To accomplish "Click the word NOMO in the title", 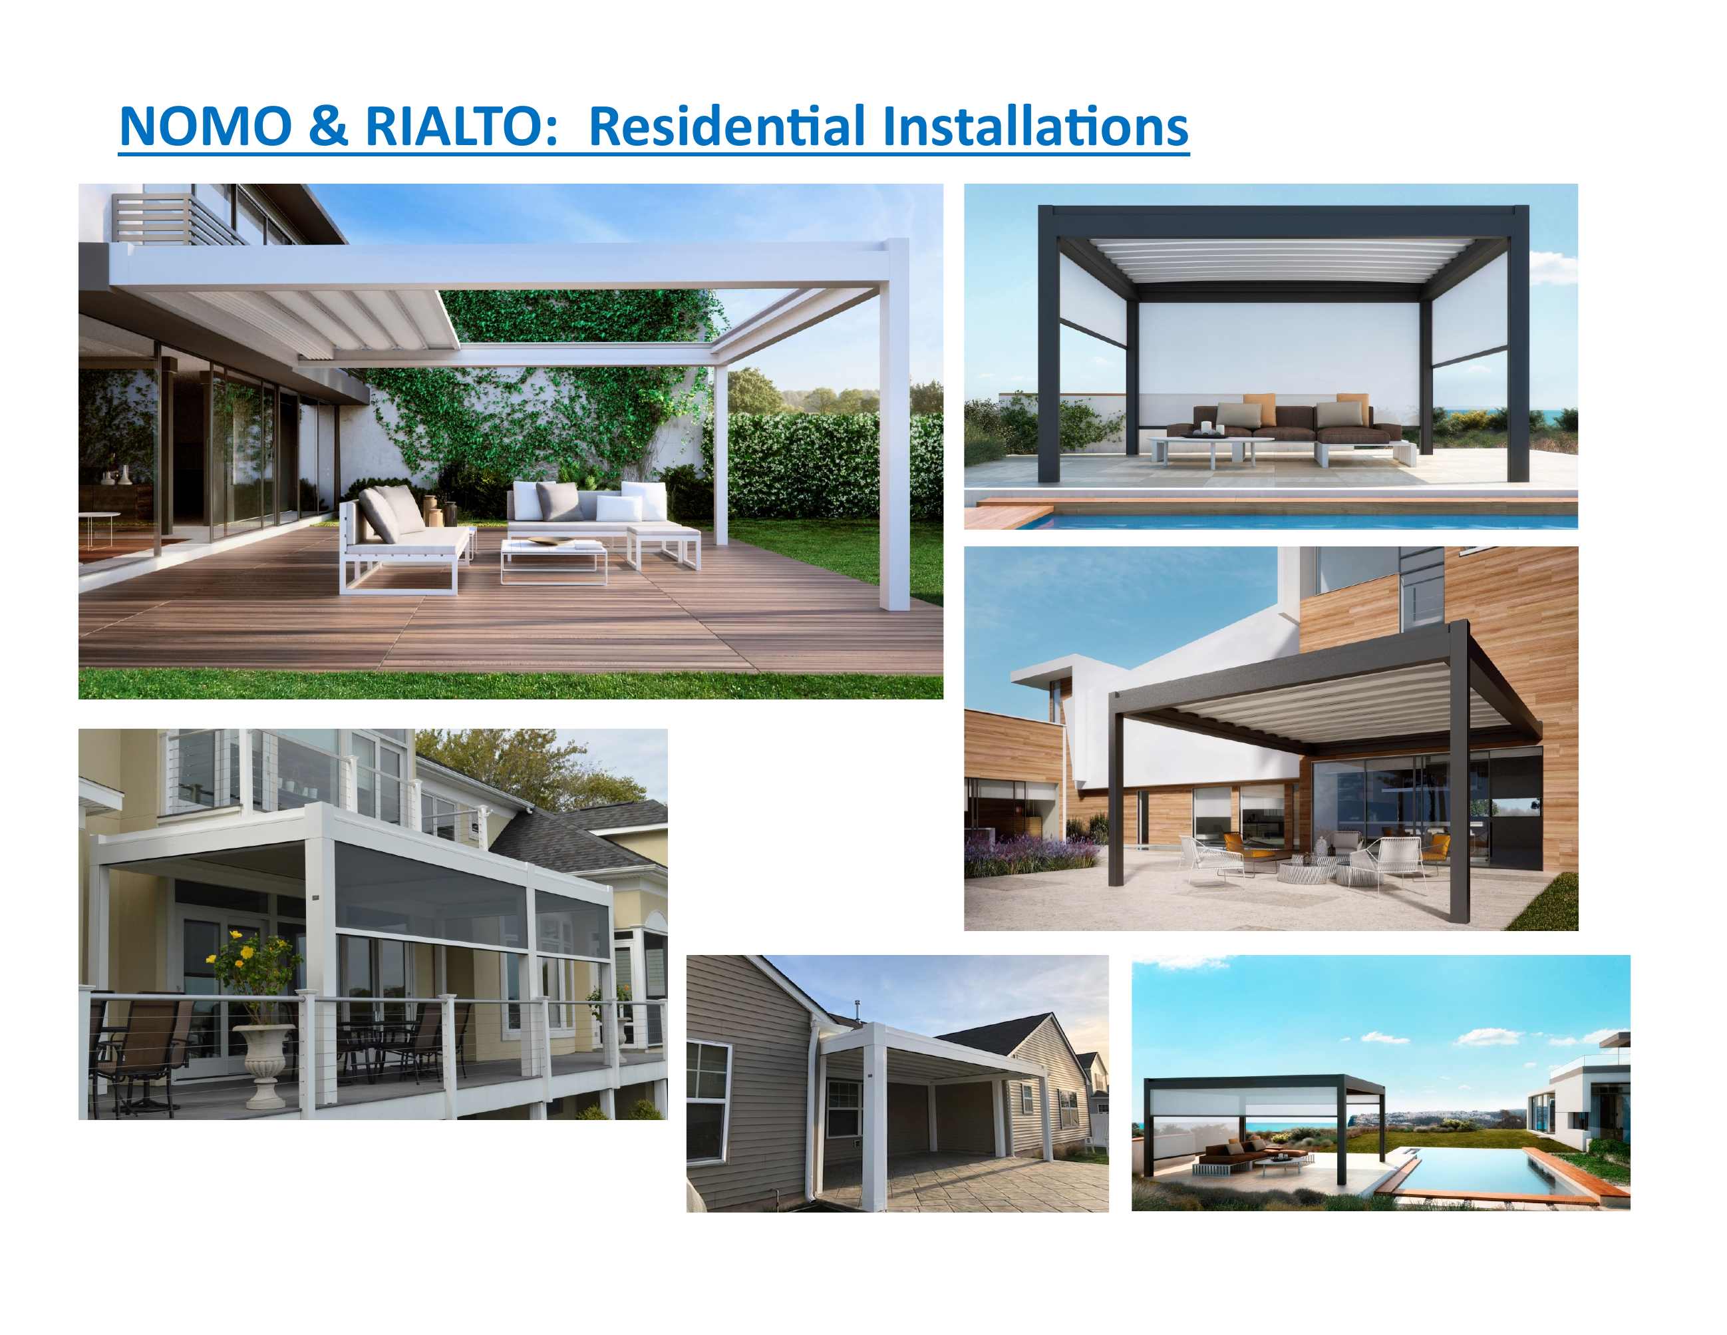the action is tap(206, 126).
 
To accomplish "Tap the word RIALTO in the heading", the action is tap(452, 126).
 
